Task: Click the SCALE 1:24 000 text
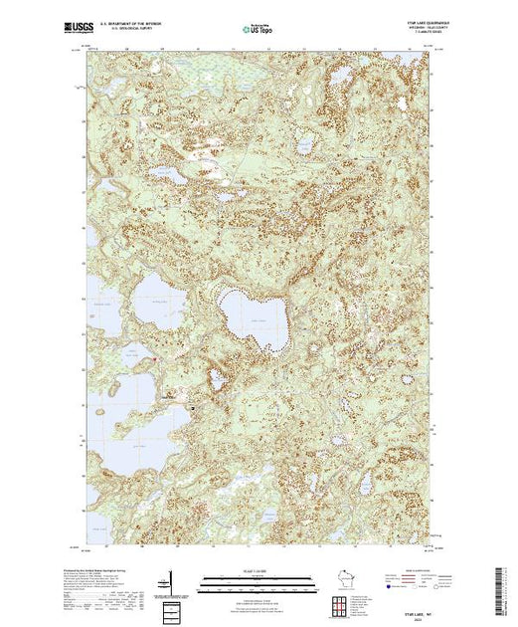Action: point(258,570)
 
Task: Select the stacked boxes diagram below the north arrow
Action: point(172,608)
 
